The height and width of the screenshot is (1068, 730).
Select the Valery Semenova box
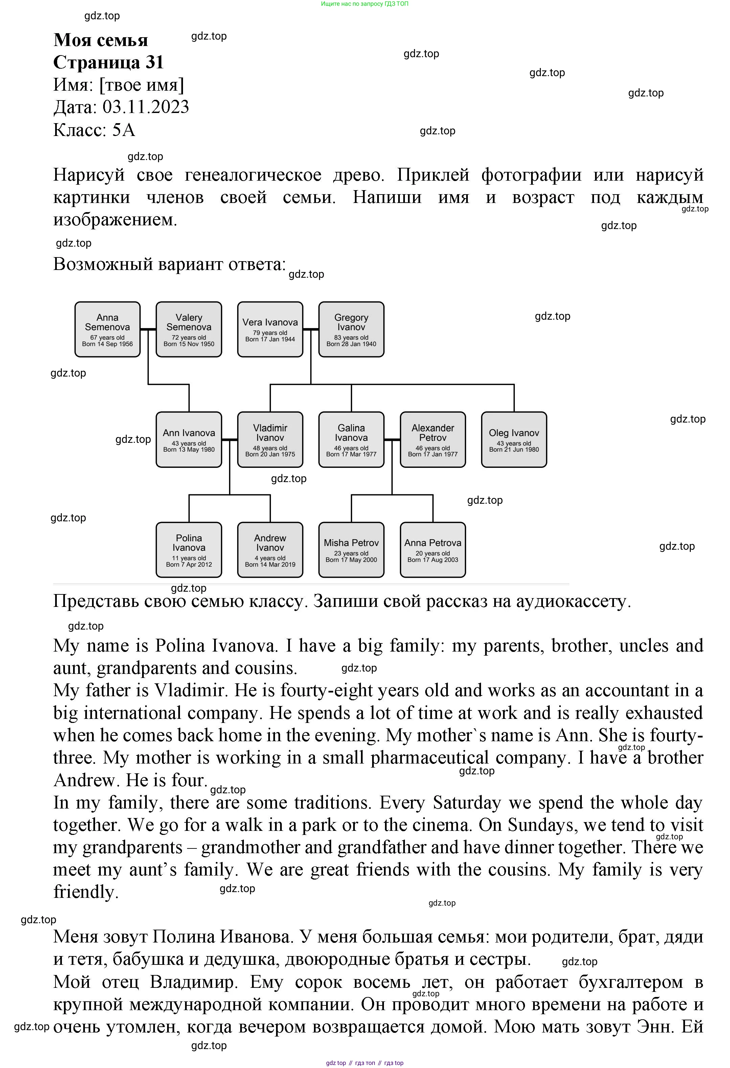pyautogui.click(x=189, y=330)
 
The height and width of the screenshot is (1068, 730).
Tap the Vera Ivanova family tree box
pyautogui.click(x=270, y=330)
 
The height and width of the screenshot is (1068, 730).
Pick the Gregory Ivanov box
pyautogui.click(x=351, y=330)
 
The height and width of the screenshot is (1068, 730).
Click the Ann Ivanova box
pyautogui.click(x=189, y=440)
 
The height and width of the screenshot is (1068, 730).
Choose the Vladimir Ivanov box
pyautogui.click(x=270, y=440)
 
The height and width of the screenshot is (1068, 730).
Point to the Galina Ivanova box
pyautogui.click(x=351, y=440)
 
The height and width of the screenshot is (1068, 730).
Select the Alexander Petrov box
pyautogui.click(x=433, y=440)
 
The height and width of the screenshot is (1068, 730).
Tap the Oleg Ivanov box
pyautogui.click(x=514, y=440)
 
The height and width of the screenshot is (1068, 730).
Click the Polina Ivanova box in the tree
pyautogui.click(x=189, y=550)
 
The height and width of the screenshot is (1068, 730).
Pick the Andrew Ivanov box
pyautogui.click(x=270, y=550)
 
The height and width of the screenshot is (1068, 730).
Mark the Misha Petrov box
pyautogui.click(x=351, y=550)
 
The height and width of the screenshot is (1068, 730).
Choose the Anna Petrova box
pyautogui.click(x=433, y=550)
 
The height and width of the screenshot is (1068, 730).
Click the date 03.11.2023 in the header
pyautogui.click(x=146, y=107)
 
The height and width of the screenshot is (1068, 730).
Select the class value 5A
pyautogui.click(x=123, y=130)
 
